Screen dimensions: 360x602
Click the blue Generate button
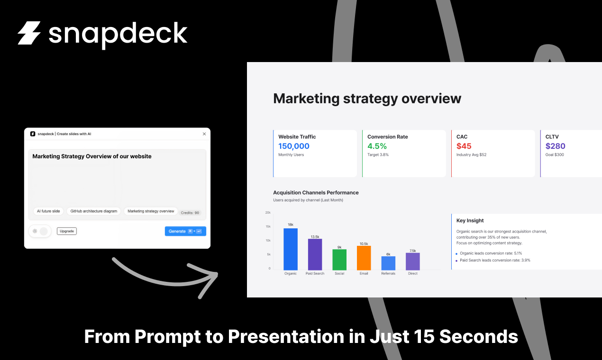[x=185, y=231]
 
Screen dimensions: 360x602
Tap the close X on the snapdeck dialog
[x=204, y=134]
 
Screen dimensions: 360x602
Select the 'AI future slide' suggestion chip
[x=48, y=211]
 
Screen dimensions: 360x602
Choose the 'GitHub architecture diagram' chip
[x=94, y=211]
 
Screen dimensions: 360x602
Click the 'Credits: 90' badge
[x=190, y=213]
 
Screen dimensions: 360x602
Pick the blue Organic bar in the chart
[x=291, y=249]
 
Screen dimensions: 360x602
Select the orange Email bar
[x=364, y=258]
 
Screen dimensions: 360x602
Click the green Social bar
[x=339, y=260]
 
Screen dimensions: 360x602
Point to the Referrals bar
[x=388, y=263]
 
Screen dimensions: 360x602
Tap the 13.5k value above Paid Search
[x=315, y=236]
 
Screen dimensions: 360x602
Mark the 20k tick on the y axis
[x=268, y=213]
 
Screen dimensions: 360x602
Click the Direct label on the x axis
[x=413, y=274]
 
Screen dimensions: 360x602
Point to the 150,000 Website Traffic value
[x=294, y=146]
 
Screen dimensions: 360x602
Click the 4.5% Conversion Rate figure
[x=377, y=146]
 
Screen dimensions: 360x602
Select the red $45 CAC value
[x=464, y=146]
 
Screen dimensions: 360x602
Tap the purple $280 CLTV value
[x=555, y=146]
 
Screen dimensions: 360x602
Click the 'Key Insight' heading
[x=470, y=221]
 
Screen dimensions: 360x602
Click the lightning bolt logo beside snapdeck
[x=29, y=33]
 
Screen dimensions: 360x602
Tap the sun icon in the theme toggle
[x=35, y=231]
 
